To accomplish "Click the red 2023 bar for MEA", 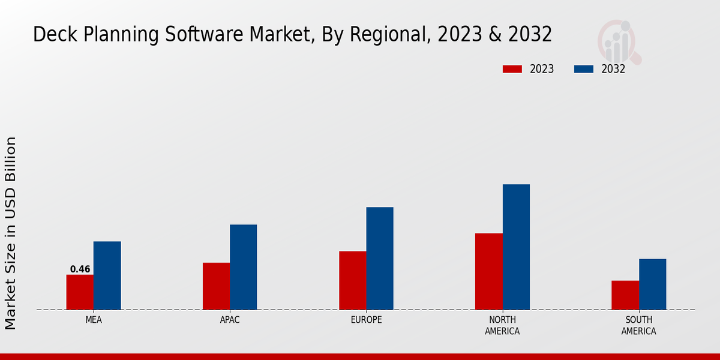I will (x=80, y=292).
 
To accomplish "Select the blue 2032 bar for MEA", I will (x=107, y=275).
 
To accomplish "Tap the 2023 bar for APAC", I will (x=216, y=286).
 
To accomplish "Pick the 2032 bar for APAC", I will (x=243, y=267).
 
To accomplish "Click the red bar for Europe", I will (x=352, y=280).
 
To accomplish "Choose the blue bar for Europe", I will (x=380, y=259).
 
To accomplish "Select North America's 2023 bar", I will (x=488, y=271).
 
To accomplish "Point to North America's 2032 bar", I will (x=516, y=247).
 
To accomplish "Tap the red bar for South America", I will (x=625, y=295).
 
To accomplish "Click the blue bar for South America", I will (x=652, y=284).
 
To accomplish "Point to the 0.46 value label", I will (x=80, y=269).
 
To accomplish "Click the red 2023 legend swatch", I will (x=512, y=69).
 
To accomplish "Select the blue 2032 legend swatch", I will (x=583, y=69).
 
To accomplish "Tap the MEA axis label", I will (x=94, y=320).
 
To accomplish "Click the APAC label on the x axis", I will (x=230, y=320).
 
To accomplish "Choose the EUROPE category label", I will (x=366, y=320).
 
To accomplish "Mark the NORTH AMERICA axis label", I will (x=502, y=325).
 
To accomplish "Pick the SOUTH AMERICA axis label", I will (x=638, y=325).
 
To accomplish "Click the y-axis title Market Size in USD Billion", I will (x=11, y=233).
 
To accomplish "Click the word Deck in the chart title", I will (x=52, y=35).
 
